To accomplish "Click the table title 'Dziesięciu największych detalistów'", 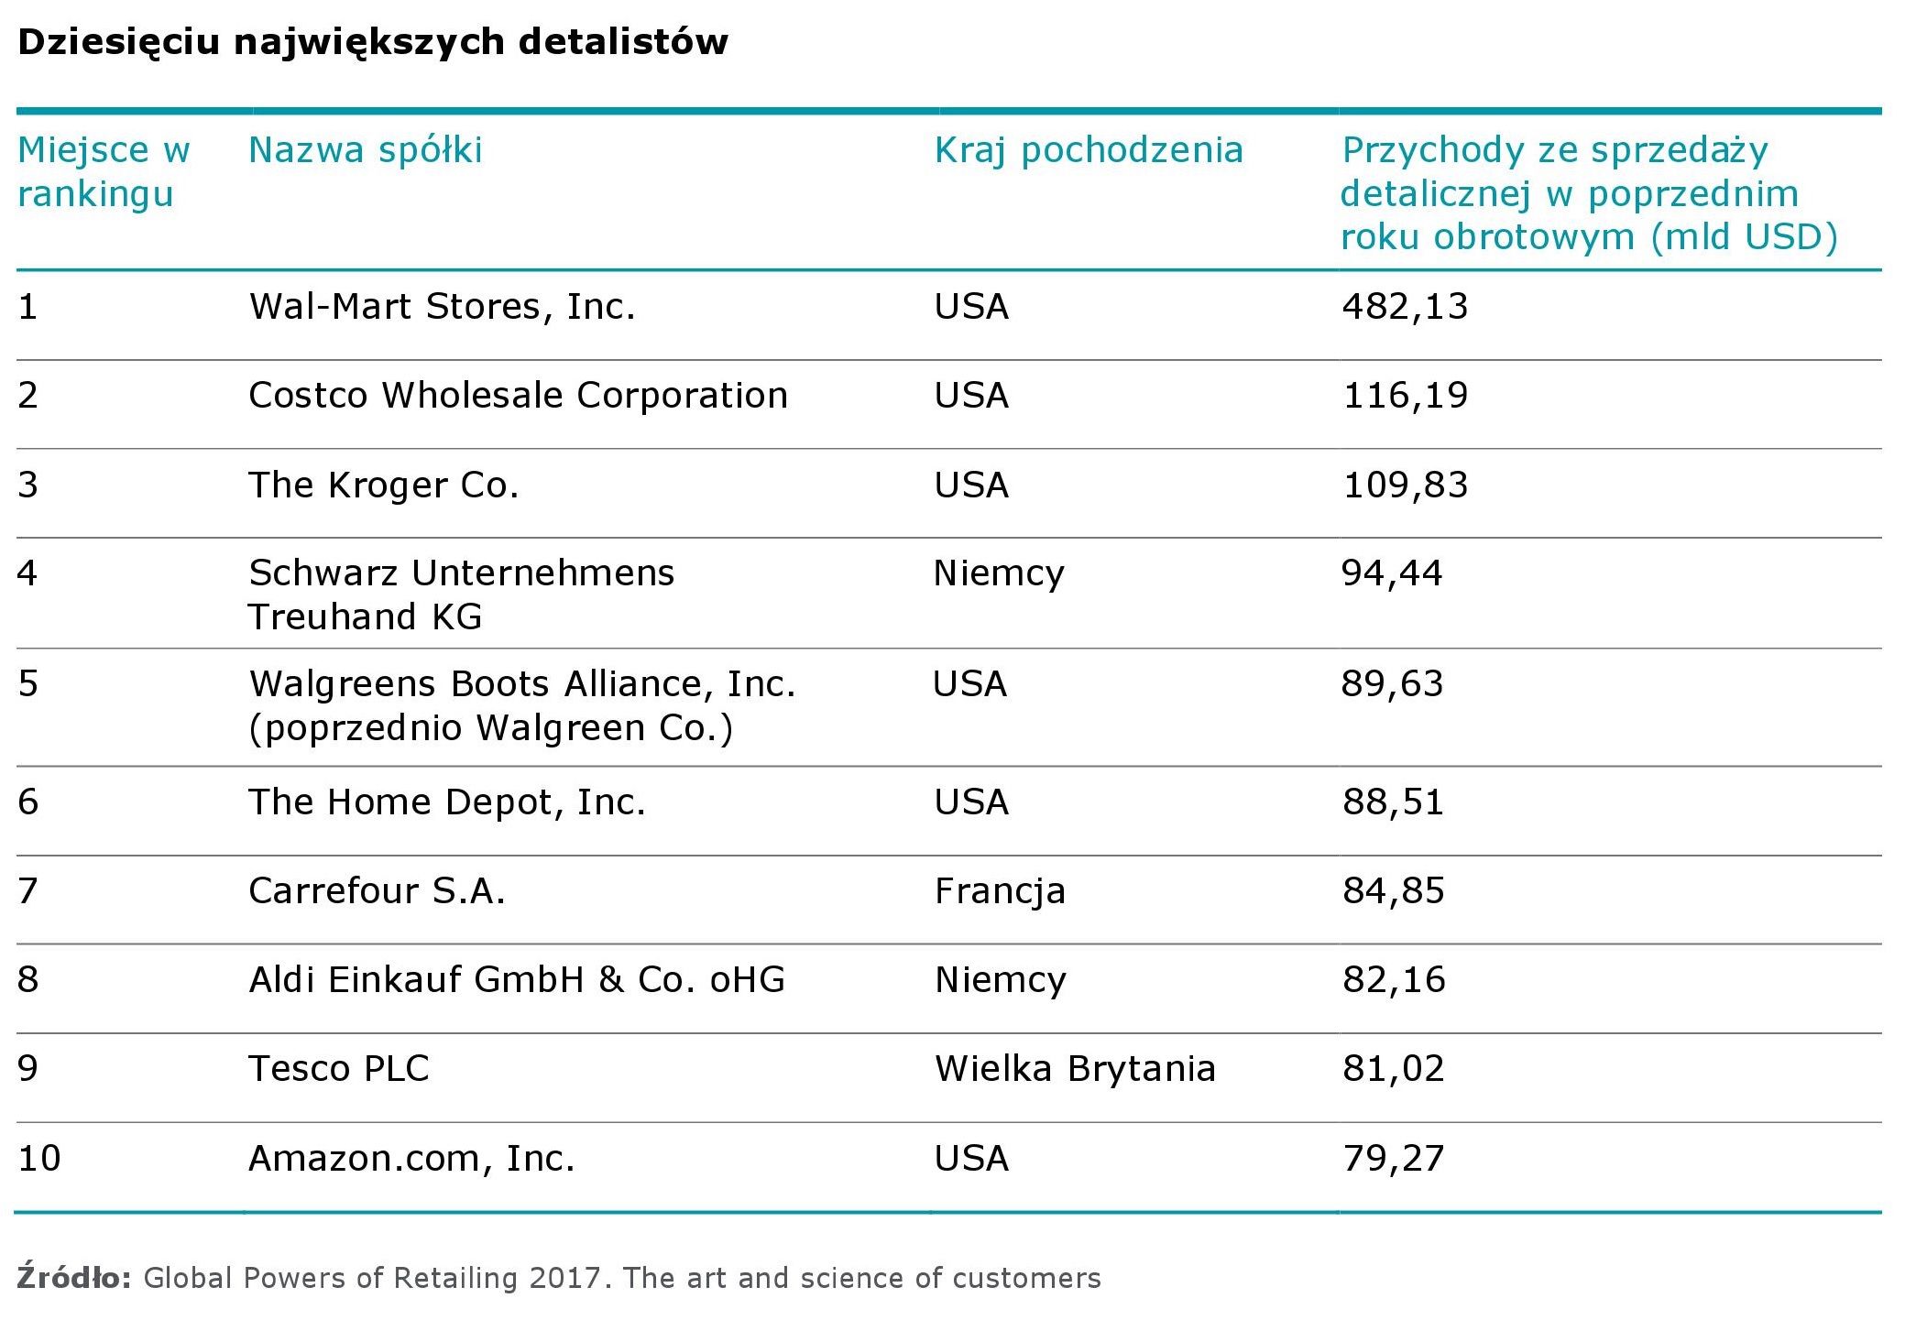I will (x=372, y=42).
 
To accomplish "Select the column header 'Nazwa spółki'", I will (x=365, y=150).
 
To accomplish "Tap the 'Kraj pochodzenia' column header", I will (x=1089, y=150).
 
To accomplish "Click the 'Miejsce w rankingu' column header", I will (x=104, y=172).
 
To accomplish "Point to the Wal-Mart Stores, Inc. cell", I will (x=442, y=306).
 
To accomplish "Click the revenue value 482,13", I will (x=1405, y=306).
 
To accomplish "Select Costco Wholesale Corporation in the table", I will (x=518, y=395).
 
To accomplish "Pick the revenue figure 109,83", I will (x=1405, y=485).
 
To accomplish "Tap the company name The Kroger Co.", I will (x=383, y=485).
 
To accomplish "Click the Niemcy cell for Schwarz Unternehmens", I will (x=999, y=573).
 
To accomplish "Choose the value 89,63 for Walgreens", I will (x=1392, y=683).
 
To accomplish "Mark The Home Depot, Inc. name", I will (x=447, y=802).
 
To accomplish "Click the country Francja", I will (x=1000, y=890).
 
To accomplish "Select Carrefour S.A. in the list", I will (x=377, y=890).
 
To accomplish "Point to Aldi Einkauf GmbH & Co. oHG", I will (x=517, y=979).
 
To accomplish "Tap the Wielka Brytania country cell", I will (x=1075, y=1068).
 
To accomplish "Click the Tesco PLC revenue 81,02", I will (x=1394, y=1068).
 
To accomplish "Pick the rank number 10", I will (x=39, y=1158).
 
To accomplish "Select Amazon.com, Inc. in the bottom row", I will (x=411, y=1158).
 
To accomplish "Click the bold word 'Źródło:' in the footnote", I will (x=74, y=1277).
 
